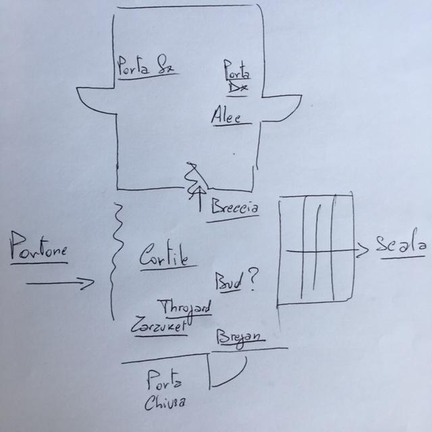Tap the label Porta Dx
tap(236, 78)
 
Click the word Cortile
tap(163, 257)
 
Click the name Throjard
tap(184, 305)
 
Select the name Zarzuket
tap(159, 323)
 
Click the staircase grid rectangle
tap(315, 249)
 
